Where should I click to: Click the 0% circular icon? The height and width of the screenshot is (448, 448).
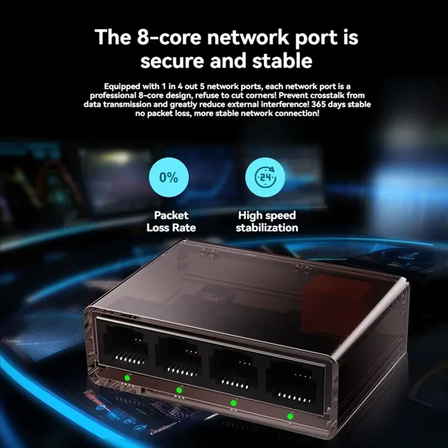coord(169,178)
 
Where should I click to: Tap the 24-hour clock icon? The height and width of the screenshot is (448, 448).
coord(266,178)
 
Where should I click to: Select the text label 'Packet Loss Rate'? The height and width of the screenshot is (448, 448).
coord(171,221)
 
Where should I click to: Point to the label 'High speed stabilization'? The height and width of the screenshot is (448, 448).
coord(267,221)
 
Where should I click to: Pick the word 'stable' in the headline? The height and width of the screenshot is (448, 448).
coord(280,61)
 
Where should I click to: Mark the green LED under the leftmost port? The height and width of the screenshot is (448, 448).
coord(128,377)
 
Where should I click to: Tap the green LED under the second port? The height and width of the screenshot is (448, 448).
coord(179,390)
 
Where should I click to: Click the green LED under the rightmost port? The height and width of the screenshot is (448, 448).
coord(290,416)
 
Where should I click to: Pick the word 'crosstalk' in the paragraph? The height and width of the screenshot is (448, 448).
coord(308,96)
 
